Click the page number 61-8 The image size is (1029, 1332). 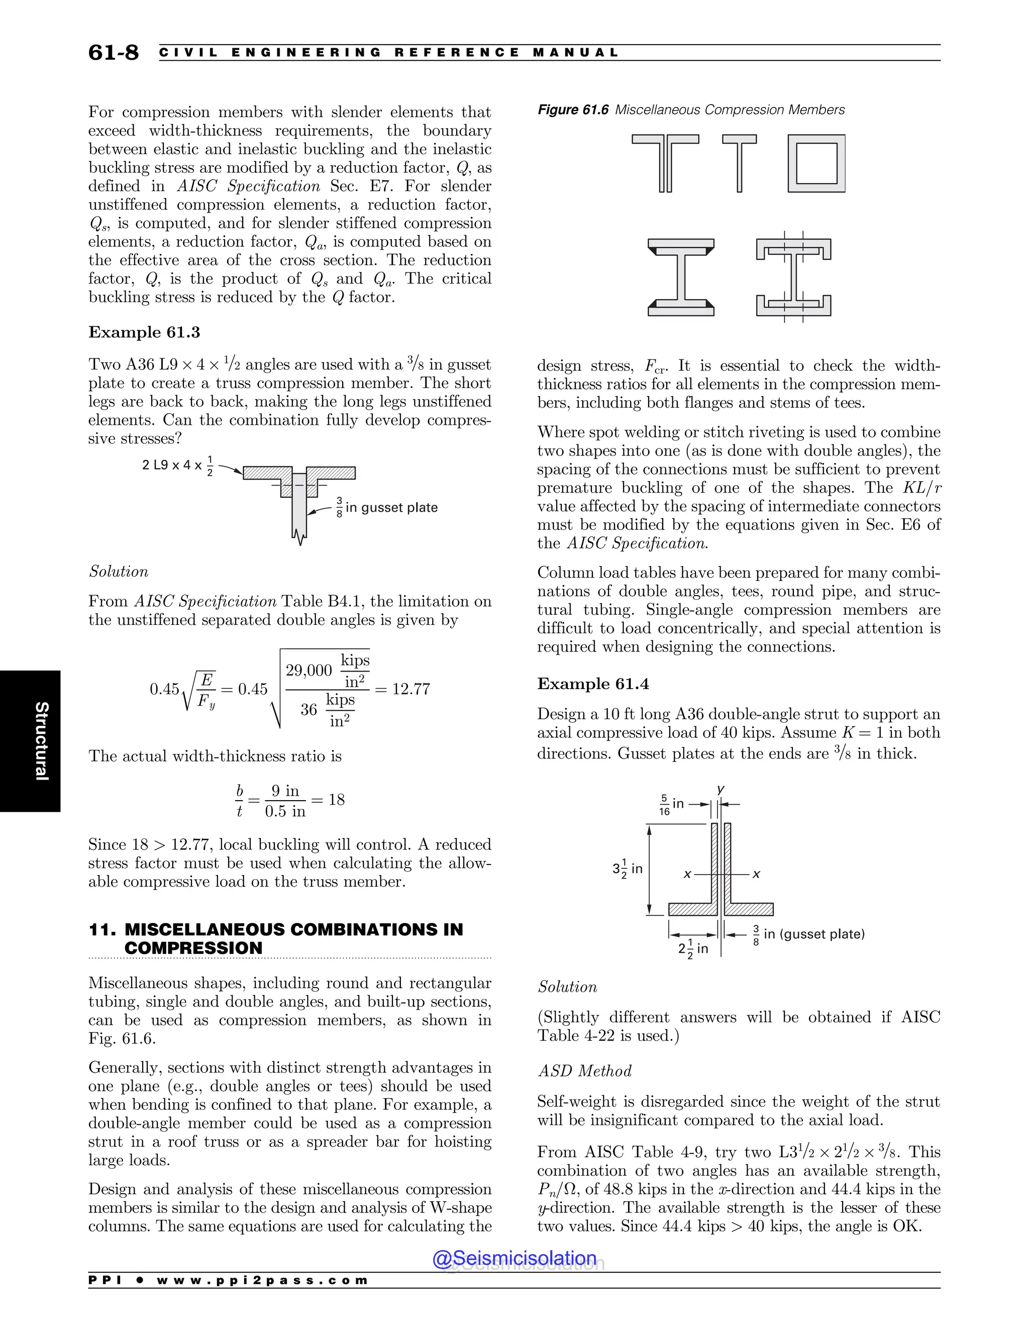114,52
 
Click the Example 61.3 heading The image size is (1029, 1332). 144,332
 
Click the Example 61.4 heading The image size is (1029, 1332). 592,684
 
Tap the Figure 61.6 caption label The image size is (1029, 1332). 572,110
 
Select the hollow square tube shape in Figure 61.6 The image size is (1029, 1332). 816,163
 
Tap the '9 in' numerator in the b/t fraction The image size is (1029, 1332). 285,791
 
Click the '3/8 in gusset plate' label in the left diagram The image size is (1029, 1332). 387,508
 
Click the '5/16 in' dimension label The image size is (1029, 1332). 671,804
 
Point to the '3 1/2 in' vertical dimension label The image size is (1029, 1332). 627,869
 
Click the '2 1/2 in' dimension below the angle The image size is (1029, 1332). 693,948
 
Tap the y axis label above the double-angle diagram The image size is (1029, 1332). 721,789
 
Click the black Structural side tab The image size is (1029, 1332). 31,741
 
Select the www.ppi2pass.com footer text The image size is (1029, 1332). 262,1280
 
